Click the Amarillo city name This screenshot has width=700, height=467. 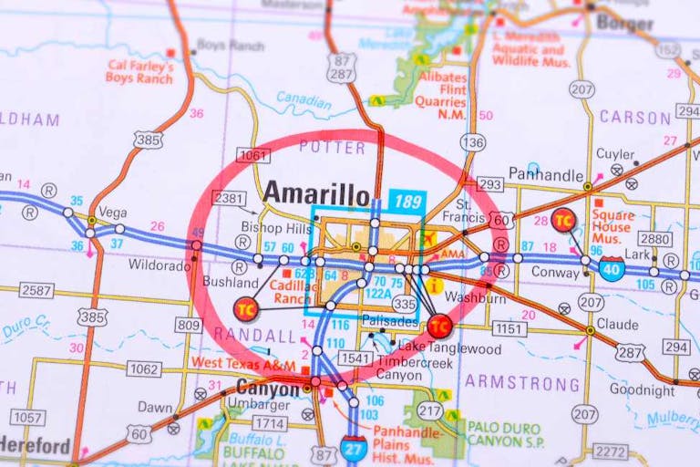pyautogui.click(x=316, y=193)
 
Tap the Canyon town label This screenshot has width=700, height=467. pyautogui.click(x=267, y=389)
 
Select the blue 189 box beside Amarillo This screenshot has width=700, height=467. pyautogui.click(x=407, y=200)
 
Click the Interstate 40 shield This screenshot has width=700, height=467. pyautogui.click(x=612, y=268)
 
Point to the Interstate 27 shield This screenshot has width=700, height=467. pyautogui.click(x=354, y=447)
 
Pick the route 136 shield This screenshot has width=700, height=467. pyautogui.click(x=472, y=142)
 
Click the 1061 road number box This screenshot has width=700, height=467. pyautogui.click(x=252, y=156)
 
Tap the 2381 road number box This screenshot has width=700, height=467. pyautogui.click(x=229, y=198)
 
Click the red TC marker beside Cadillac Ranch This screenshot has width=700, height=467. pyautogui.click(x=245, y=308)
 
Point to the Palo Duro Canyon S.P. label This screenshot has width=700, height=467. pyautogui.click(x=505, y=433)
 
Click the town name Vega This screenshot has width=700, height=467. pyautogui.click(x=112, y=212)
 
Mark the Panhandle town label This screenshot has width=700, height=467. pyautogui.click(x=545, y=173)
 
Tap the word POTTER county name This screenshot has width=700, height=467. pyautogui.click(x=332, y=146)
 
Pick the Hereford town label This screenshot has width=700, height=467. pyautogui.click(x=35, y=446)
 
